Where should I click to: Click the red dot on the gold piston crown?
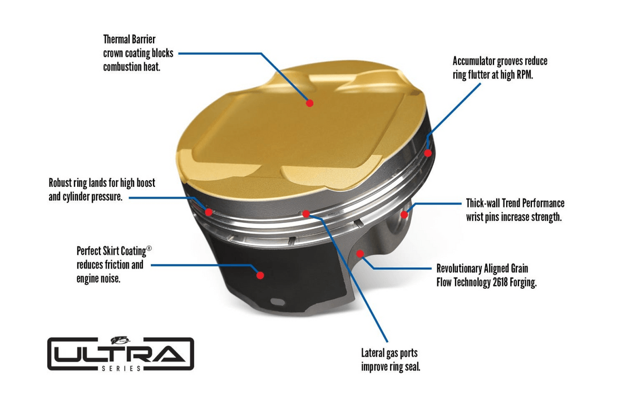pyautogui.click(x=310, y=103)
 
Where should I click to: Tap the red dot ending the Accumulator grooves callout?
pyautogui.click(x=428, y=152)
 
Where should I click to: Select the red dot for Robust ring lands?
pyautogui.click(x=209, y=212)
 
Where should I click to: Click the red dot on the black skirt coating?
pyautogui.click(x=260, y=275)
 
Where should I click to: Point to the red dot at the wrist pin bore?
pyautogui.click(x=404, y=215)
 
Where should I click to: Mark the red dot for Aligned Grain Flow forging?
pyautogui.click(x=360, y=253)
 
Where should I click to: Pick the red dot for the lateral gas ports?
pyautogui.click(x=306, y=214)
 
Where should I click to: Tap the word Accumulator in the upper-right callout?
pyautogui.click(x=474, y=61)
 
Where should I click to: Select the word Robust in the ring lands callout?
pyautogui.click(x=60, y=183)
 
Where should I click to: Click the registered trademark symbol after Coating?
pyautogui.click(x=149, y=248)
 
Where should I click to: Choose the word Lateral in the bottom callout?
pyautogui.click(x=373, y=353)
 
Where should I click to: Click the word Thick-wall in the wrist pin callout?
pyautogui.click(x=483, y=203)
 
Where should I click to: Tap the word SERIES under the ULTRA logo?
pyautogui.click(x=121, y=369)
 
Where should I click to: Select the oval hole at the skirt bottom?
pyautogui.click(x=278, y=302)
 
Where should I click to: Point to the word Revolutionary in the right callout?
pyautogui.click(x=459, y=269)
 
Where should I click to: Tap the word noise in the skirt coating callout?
pyautogui.click(x=110, y=279)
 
